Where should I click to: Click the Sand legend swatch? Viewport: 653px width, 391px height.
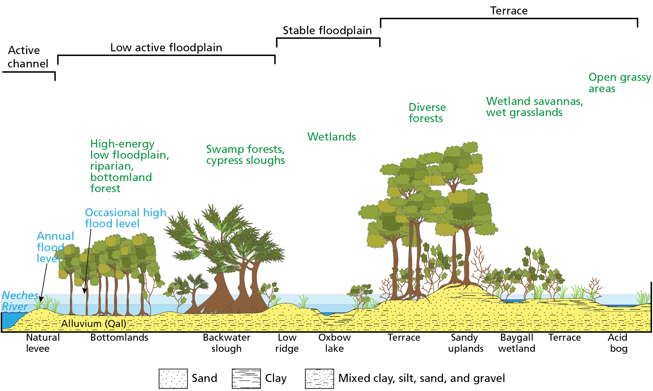coord(173,379)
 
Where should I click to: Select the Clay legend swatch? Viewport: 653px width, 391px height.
coord(246,379)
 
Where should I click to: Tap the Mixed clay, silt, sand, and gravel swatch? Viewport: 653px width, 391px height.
coord(319,379)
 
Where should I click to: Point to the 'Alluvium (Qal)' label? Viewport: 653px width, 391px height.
coord(94,324)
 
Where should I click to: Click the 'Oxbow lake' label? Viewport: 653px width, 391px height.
coord(335,343)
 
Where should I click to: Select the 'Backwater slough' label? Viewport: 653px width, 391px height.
coord(226,343)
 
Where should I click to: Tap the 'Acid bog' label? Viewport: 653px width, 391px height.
coord(618,343)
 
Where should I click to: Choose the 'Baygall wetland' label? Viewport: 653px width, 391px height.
coord(516,343)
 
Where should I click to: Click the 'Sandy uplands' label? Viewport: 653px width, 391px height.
coord(465,343)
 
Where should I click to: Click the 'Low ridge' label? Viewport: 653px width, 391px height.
coord(287,343)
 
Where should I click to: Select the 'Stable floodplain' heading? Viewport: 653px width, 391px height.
coord(327,31)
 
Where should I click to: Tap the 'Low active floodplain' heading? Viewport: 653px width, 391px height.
coord(166,48)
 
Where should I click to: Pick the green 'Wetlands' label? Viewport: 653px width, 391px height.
coord(332,137)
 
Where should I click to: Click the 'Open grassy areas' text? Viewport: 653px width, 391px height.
coord(619,83)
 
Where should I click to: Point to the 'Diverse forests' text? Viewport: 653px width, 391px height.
coord(427,113)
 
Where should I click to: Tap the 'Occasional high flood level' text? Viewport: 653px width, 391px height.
coord(125,218)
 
